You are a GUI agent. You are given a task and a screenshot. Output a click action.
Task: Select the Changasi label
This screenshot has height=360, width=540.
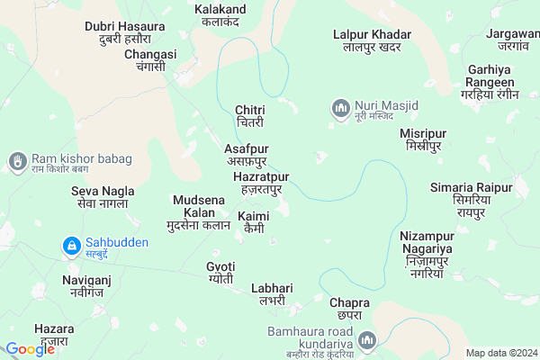coord(150,60)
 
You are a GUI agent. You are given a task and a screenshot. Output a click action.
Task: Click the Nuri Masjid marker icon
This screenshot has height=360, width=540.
coord(340,110)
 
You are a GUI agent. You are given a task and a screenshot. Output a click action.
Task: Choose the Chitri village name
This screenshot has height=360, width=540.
coord(249,115)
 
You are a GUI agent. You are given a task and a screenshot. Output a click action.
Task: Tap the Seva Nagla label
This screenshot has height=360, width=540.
coord(103,196)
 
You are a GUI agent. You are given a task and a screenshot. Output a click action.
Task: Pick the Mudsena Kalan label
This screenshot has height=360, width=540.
coord(198,212)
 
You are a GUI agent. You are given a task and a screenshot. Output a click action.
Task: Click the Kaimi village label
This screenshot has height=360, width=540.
coord(253,222)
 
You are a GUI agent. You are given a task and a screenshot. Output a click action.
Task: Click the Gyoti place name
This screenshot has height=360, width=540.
coord(220,273)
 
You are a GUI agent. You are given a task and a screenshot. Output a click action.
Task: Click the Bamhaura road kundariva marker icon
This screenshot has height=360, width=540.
coord(367,340)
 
